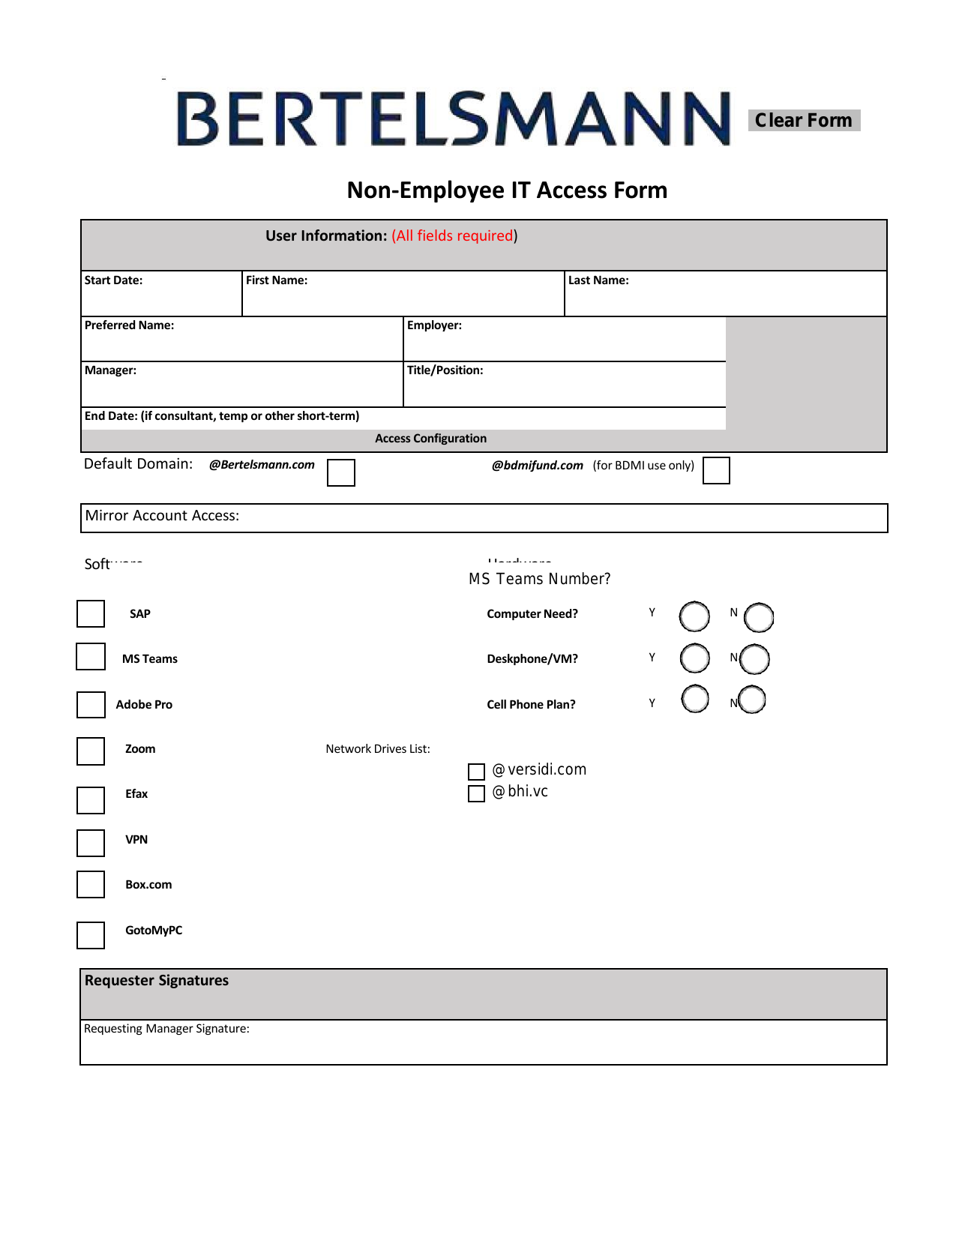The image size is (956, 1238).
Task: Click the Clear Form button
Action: pos(804,120)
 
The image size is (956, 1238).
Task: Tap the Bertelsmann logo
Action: pos(453,118)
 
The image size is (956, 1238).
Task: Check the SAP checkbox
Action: pos(91,613)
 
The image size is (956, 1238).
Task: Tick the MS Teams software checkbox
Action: pos(91,656)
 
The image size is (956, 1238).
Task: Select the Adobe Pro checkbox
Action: pos(91,704)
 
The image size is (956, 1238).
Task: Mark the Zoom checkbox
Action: pos(91,751)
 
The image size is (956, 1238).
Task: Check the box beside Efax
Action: pos(91,799)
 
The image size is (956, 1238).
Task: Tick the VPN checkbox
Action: pos(91,842)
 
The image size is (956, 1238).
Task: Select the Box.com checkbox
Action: pos(91,884)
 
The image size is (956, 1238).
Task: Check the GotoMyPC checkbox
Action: pos(91,934)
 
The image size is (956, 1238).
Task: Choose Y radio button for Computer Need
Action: pos(694,616)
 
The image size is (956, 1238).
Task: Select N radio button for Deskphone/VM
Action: pos(755,659)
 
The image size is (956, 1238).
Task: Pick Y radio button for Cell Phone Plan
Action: pos(695,699)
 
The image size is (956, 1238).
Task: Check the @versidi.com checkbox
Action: pos(476,772)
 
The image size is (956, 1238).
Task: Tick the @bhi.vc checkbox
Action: pos(476,793)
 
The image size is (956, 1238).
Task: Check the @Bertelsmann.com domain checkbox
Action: pos(341,472)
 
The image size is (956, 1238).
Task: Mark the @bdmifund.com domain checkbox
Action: pos(716,470)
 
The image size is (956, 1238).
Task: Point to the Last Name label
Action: pos(598,280)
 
